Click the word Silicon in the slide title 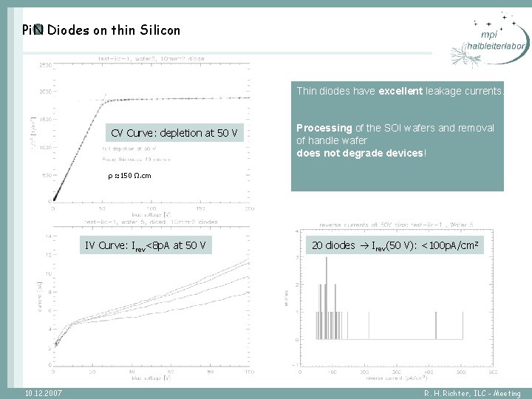point(155,30)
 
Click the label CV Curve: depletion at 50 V point(174,133)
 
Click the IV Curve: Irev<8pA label point(145,245)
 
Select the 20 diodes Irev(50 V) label point(398,245)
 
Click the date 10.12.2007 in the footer point(43,393)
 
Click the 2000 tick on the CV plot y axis point(45,92)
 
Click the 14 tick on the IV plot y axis point(47,236)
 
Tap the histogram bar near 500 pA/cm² point(437,324)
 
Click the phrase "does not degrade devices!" point(361,153)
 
